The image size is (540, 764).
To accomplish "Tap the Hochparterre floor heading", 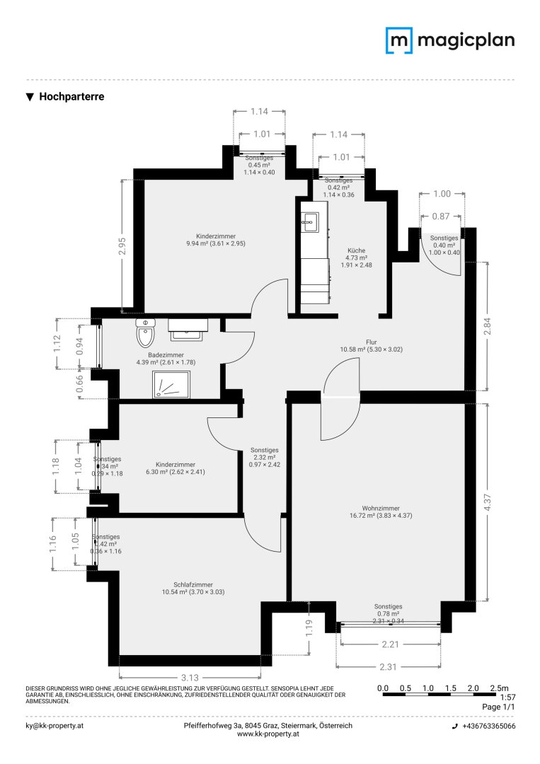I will [x=71, y=97].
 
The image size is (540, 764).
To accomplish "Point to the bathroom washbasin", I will [x=188, y=325].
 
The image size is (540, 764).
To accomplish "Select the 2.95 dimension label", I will [x=122, y=245].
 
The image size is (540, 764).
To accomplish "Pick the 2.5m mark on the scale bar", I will [x=500, y=688].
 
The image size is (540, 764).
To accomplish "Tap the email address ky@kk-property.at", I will [x=54, y=726].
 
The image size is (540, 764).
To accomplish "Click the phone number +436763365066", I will [x=488, y=727].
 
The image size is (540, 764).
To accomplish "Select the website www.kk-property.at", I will [x=267, y=735].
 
